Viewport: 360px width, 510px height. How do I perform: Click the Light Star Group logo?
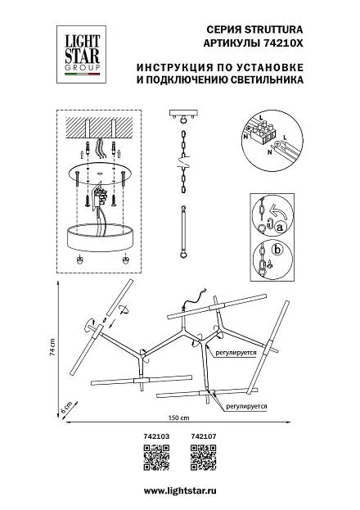pyautogui.click(x=81, y=54)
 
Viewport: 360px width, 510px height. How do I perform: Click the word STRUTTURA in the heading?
pyautogui.click(x=273, y=30)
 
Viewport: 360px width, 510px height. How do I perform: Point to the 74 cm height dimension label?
pyautogui.click(x=52, y=347)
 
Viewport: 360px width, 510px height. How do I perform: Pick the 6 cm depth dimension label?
pyautogui.click(x=66, y=408)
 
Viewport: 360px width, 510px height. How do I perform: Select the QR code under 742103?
pyautogui.click(x=156, y=458)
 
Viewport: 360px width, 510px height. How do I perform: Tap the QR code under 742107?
pyautogui.click(x=203, y=458)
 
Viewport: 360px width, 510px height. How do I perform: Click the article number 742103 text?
pyautogui.click(x=156, y=436)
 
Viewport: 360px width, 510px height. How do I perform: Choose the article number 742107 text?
pyautogui.click(x=203, y=436)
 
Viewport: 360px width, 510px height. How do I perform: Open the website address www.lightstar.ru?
pyautogui.click(x=180, y=490)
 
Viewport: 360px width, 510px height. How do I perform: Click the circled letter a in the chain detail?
pyautogui.click(x=279, y=228)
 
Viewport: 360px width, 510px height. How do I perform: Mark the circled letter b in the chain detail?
pyautogui.click(x=277, y=250)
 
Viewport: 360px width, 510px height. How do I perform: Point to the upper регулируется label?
pyautogui.click(x=236, y=353)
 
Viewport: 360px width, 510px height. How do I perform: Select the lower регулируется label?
pyautogui.click(x=246, y=406)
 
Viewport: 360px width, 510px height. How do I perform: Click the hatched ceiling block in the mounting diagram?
pyautogui.click(x=99, y=127)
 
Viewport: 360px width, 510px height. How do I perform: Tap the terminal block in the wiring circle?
pyautogui.click(x=263, y=131)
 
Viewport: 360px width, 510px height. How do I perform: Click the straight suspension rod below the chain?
pyautogui.click(x=184, y=232)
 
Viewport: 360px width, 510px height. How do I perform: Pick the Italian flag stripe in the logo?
pyautogui.click(x=83, y=74)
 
